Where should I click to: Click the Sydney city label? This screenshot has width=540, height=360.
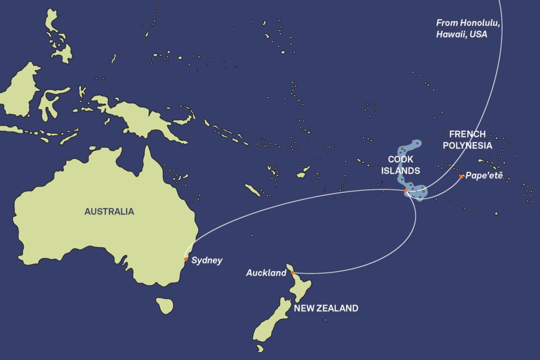pos(207,260)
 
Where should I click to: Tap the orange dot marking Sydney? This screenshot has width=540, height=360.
pos(186,259)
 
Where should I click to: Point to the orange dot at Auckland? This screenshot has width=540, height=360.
pos(293,273)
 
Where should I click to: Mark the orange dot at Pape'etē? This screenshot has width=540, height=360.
pos(461,177)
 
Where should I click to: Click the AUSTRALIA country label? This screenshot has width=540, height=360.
pos(109,212)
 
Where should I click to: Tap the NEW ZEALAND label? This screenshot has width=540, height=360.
pos(326,308)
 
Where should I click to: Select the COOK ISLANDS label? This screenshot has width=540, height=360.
pos(404,165)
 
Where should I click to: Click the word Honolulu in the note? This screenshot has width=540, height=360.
pos(472,23)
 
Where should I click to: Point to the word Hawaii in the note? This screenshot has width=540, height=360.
pos(449,34)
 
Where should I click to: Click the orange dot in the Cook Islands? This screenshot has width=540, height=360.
pos(405,191)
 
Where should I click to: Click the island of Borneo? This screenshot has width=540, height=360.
pos(21,90)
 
